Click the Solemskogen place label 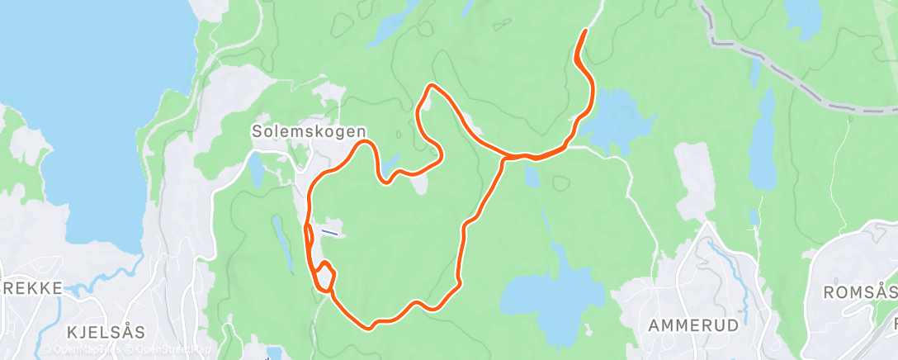pyautogui.click(x=309, y=130)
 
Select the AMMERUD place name pyautogui.click(x=693, y=324)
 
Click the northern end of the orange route pyautogui.click(x=584, y=31)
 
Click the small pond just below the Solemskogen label pyautogui.click(x=256, y=169)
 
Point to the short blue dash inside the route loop pyautogui.click(x=330, y=232)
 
